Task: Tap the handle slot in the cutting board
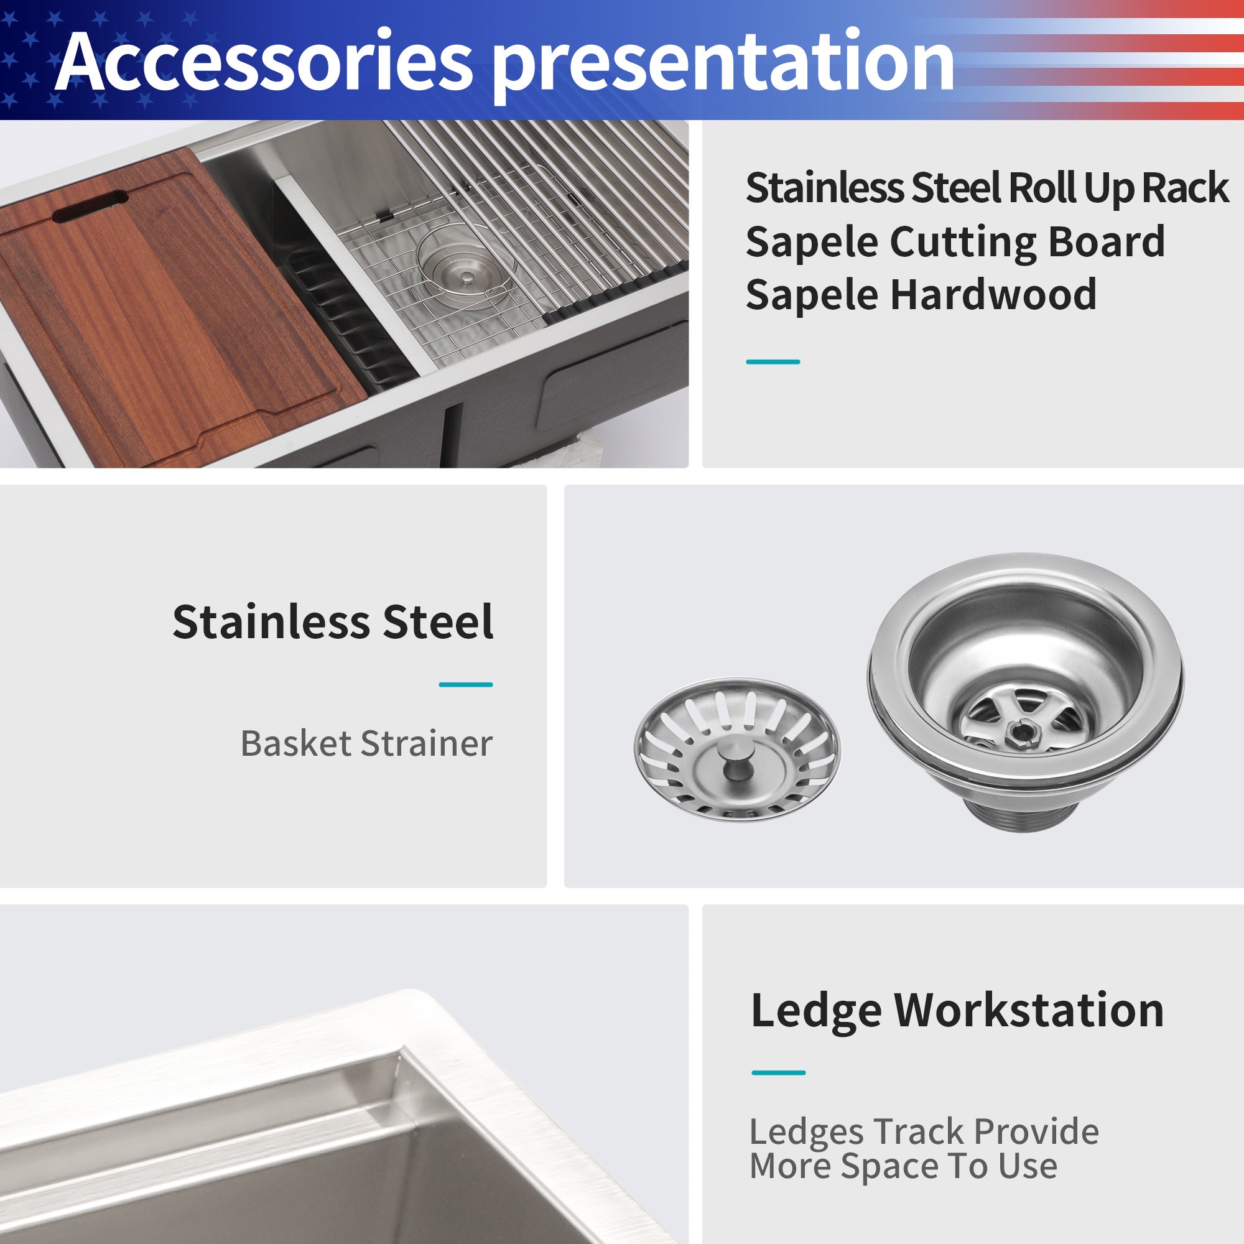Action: pos(91,206)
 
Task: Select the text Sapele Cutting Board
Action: pos(955,241)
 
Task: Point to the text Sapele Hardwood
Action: pos(921,295)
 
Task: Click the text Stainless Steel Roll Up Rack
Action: pos(986,188)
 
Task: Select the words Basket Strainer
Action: pos(366,744)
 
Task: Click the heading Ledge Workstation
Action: pos(957,1010)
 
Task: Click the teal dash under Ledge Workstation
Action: pos(778,1073)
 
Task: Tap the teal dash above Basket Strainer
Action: pos(465,684)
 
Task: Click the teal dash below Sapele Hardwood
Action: pos(773,362)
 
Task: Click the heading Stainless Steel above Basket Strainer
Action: pos(333,622)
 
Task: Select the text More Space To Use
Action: pos(903,1166)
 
